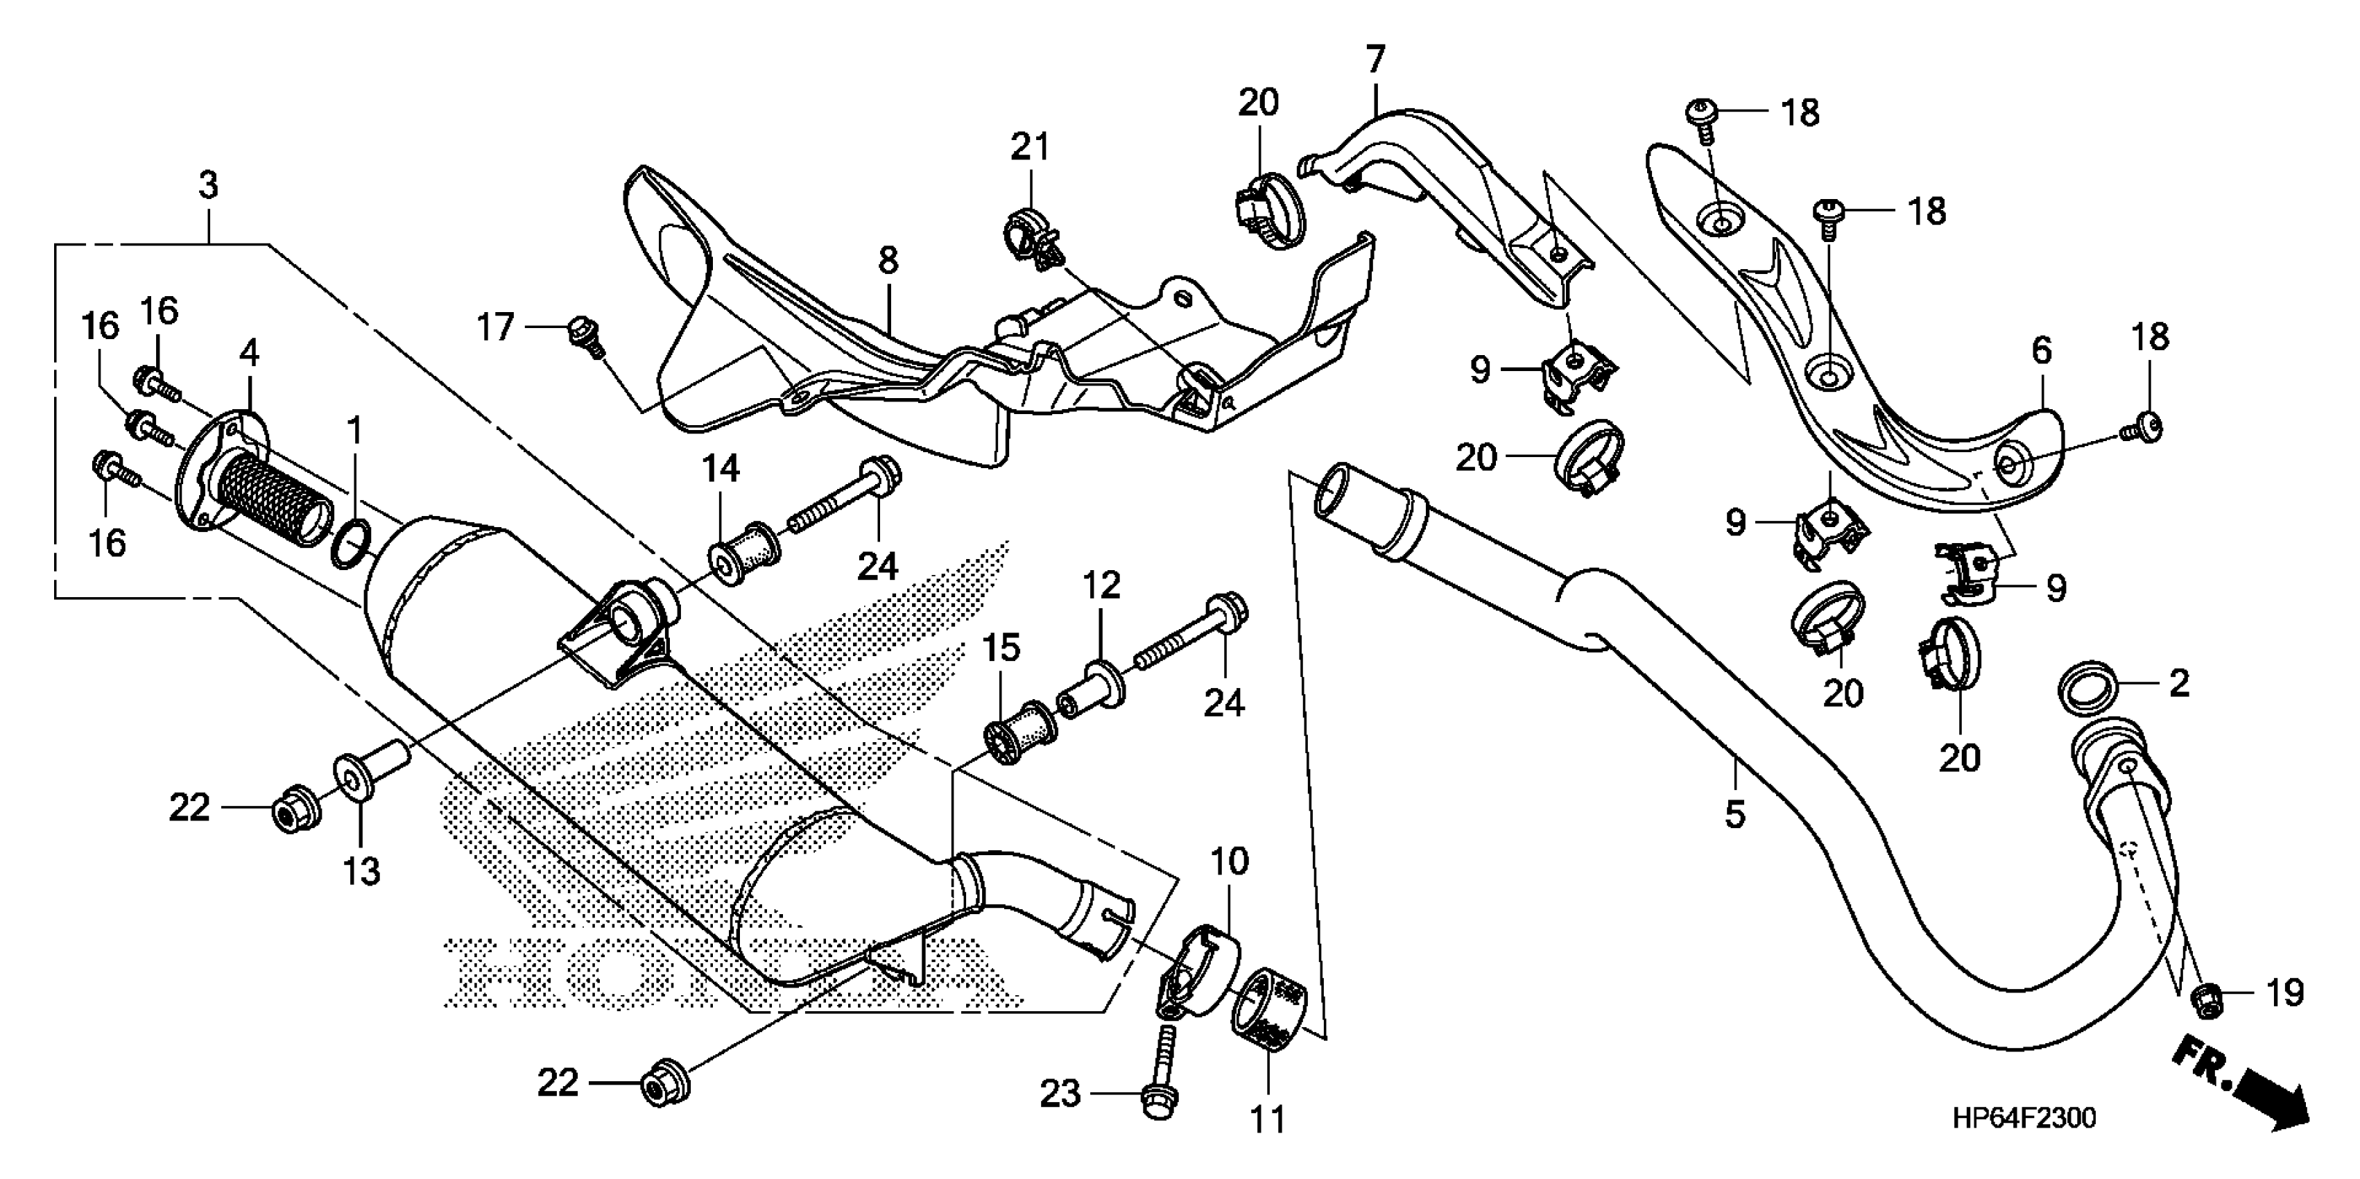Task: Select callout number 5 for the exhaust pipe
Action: (x=1735, y=814)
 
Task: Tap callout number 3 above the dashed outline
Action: (x=209, y=185)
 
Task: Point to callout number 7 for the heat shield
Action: (x=1375, y=60)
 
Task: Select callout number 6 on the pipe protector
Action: (x=2041, y=351)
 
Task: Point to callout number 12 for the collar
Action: (x=1101, y=585)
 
